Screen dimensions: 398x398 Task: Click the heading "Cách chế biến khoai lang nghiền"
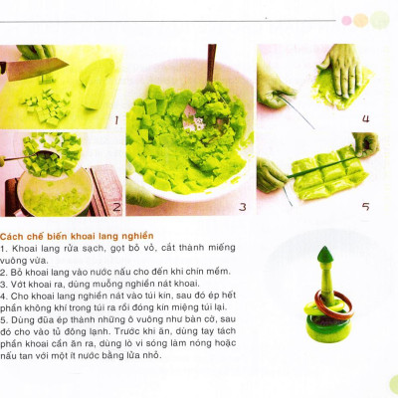point(77,236)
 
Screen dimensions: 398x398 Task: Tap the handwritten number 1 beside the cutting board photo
point(116,120)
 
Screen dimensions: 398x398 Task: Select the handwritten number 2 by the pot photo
point(116,207)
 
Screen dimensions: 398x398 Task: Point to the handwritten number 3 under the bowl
point(243,207)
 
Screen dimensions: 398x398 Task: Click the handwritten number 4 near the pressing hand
point(365,118)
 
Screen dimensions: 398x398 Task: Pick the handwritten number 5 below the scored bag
point(365,207)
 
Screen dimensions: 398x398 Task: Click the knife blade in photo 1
point(37,69)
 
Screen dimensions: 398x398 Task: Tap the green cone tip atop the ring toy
point(325,254)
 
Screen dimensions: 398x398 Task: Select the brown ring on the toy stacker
point(333,305)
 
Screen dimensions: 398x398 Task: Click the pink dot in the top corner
point(346,21)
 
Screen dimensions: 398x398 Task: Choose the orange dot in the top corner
point(360,21)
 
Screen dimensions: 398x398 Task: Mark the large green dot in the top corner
point(380,20)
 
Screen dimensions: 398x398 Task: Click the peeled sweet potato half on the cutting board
point(97,83)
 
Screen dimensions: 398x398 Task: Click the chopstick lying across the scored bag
point(323,167)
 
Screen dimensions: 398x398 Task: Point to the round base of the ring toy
point(328,329)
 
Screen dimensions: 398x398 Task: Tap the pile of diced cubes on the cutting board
point(48,106)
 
